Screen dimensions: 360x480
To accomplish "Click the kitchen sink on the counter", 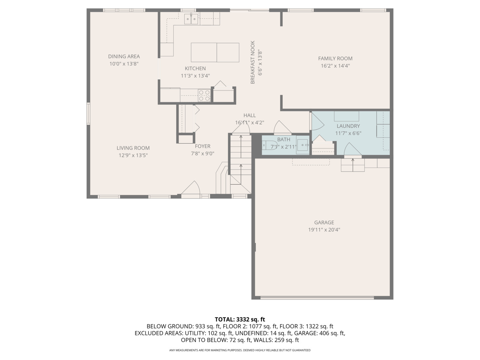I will coord(192,20).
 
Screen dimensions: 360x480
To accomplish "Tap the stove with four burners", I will coord(204,95).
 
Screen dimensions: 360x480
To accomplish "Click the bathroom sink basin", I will coord(303,145).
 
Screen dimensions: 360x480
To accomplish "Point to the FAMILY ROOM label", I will coord(335,59).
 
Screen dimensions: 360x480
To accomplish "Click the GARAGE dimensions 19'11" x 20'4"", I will coord(324,230).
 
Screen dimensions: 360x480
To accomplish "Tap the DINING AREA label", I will coord(124,57).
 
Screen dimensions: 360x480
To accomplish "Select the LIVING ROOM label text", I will coord(133,148).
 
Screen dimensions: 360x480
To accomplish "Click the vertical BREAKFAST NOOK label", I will coord(253,62).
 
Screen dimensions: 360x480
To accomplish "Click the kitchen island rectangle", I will coord(215,52).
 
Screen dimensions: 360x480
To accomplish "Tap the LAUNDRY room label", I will coord(348,126).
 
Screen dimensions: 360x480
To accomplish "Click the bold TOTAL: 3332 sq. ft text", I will coord(240,319).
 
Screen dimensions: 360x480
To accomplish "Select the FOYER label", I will coord(202,146).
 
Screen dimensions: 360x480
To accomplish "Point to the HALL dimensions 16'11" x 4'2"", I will coord(249,123).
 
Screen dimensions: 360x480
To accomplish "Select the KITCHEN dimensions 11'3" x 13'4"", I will coord(195,76).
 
